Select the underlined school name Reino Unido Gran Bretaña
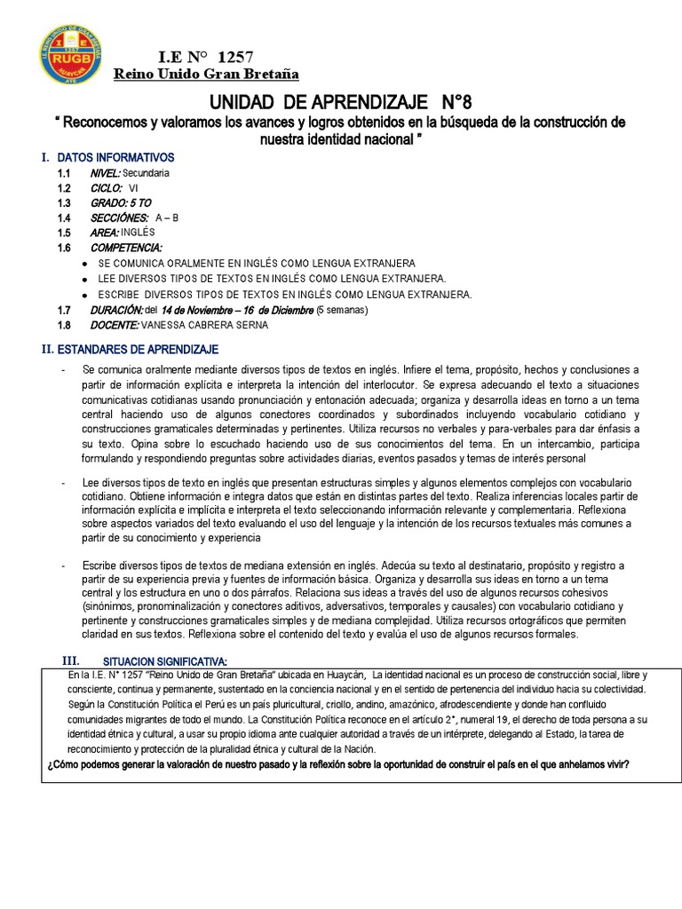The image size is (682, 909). pyautogui.click(x=210, y=73)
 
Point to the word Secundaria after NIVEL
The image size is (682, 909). pyautogui.click(x=147, y=173)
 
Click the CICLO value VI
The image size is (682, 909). pyautogui.click(x=134, y=188)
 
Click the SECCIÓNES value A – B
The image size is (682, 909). pyautogui.click(x=167, y=218)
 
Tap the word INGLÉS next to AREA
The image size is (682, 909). pyautogui.click(x=139, y=233)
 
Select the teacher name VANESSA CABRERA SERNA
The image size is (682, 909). pyautogui.click(x=205, y=325)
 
